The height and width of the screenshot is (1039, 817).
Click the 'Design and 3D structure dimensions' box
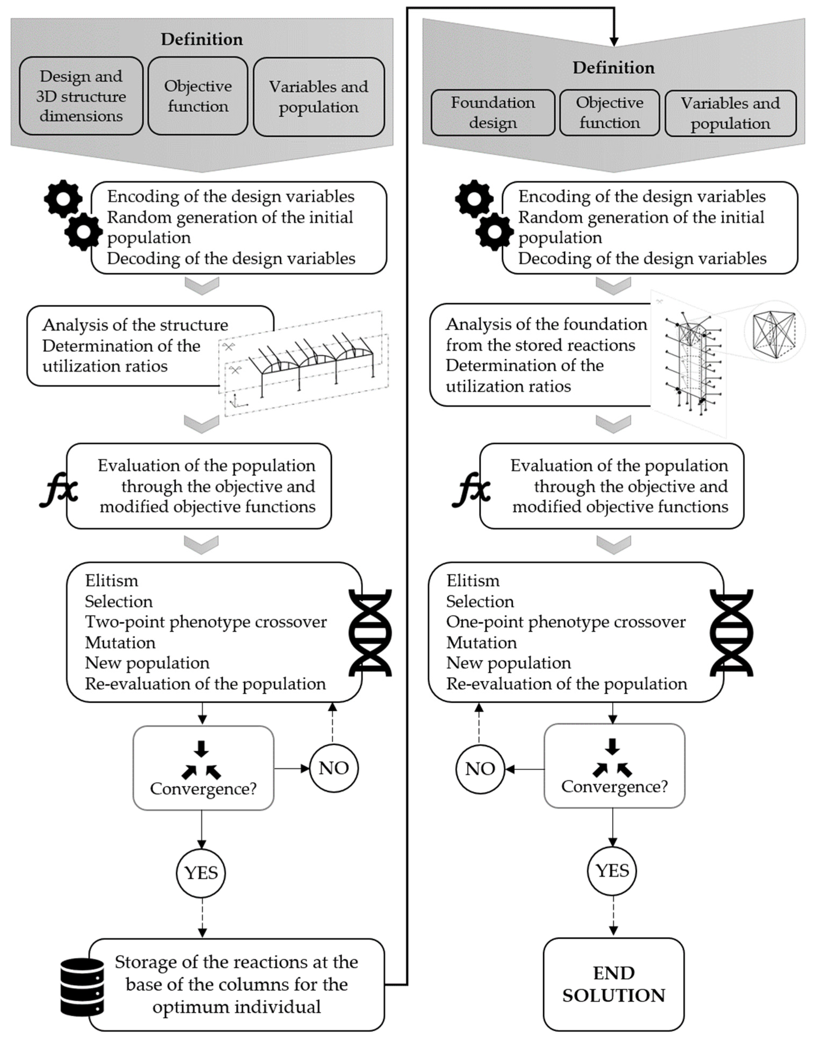81,96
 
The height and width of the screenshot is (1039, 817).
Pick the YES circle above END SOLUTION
612,871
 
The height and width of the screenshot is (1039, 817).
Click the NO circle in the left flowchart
333,768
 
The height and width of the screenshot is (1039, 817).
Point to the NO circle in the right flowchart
480,769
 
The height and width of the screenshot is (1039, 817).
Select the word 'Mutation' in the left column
120,643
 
